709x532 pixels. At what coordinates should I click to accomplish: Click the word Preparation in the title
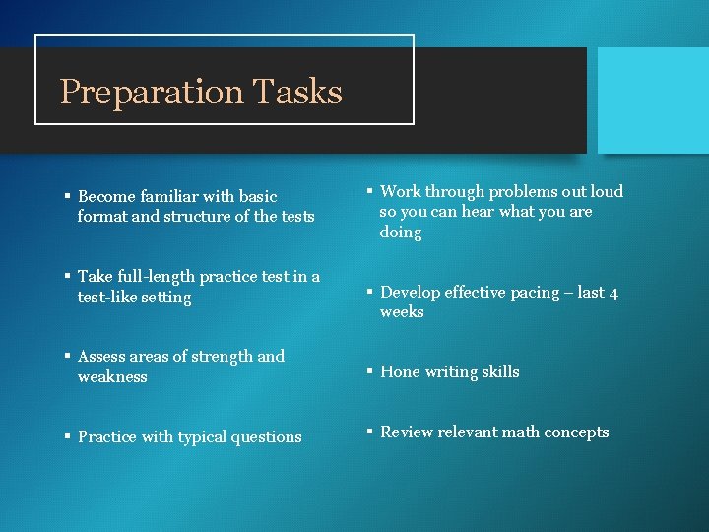tap(151, 93)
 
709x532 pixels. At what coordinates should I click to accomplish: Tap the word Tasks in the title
tap(296, 92)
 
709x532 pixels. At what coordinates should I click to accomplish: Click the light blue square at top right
tap(653, 100)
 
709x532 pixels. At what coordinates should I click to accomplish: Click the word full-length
tap(164, 277)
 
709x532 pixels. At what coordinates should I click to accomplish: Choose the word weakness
tap(112, 377)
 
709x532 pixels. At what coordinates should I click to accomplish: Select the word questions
tap(268, 437)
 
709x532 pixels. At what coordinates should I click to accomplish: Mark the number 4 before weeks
tap(613, 293)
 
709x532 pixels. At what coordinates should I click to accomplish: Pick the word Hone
tap(400, 372)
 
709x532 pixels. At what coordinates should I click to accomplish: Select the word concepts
tap(580, 432)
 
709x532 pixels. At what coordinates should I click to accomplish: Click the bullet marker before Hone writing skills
tap(370, 372)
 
